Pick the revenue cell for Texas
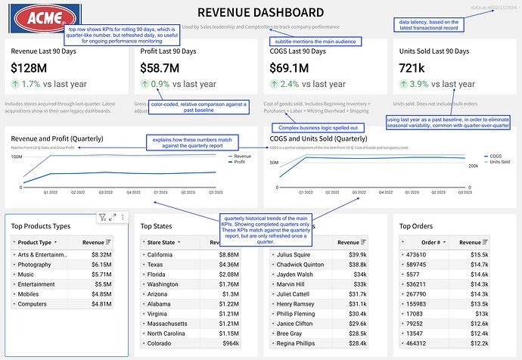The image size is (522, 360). pos(229,265)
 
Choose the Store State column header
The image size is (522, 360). pos(166,242)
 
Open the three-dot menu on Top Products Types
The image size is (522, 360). pos(123,218)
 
